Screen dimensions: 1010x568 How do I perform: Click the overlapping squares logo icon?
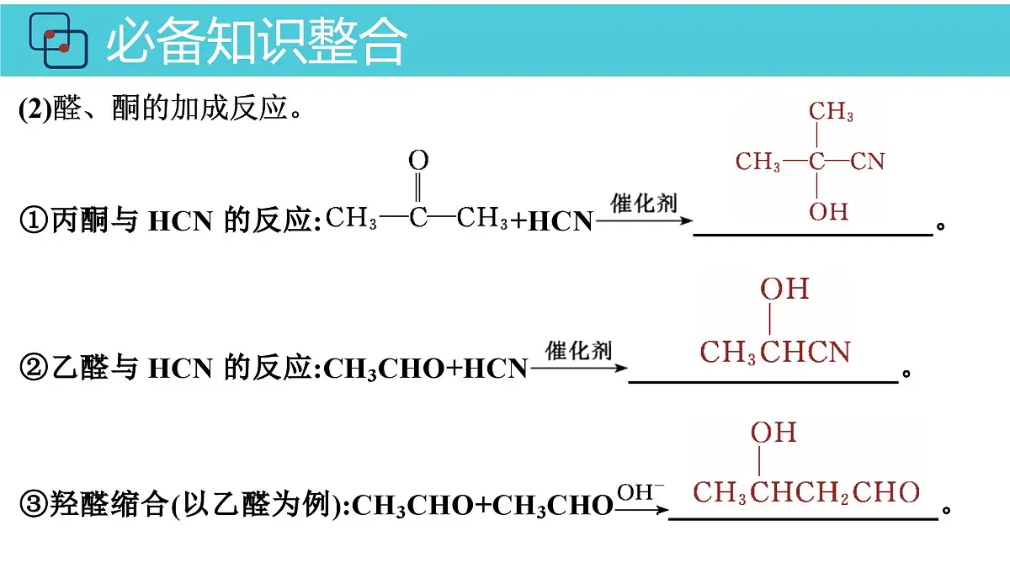coord(59,40)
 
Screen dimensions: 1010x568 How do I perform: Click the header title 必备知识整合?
coord(257,40)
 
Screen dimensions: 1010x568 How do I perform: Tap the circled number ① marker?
coord(34,220)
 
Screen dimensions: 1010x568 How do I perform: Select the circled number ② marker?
coord(34,368)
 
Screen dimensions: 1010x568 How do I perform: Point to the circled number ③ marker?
coord(34,504)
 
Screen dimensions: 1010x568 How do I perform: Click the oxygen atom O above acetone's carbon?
coord(418,160)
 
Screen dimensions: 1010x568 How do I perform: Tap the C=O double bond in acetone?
coord(418,188)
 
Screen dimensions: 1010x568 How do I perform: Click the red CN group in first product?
coord(868,162)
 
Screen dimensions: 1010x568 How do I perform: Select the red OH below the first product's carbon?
coord(828,211)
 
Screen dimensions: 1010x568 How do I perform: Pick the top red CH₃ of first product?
coord(831,111)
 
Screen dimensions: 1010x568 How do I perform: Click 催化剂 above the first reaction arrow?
coord(644,203)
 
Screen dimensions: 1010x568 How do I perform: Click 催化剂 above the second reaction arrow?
coord(578,350)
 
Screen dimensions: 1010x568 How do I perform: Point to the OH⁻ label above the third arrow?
coord(641,492)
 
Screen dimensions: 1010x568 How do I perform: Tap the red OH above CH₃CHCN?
coord(784,289)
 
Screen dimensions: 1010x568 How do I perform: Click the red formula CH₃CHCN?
coord(775,352)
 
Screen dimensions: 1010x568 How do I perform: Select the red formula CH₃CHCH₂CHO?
coord(806,492)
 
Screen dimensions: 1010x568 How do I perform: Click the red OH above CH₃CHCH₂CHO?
coord(773,433)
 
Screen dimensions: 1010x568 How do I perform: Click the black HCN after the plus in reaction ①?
coord(561,220)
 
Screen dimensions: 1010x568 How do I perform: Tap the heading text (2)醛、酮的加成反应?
coord(160,109)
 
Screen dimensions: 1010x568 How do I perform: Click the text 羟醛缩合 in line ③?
coord(109,504)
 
